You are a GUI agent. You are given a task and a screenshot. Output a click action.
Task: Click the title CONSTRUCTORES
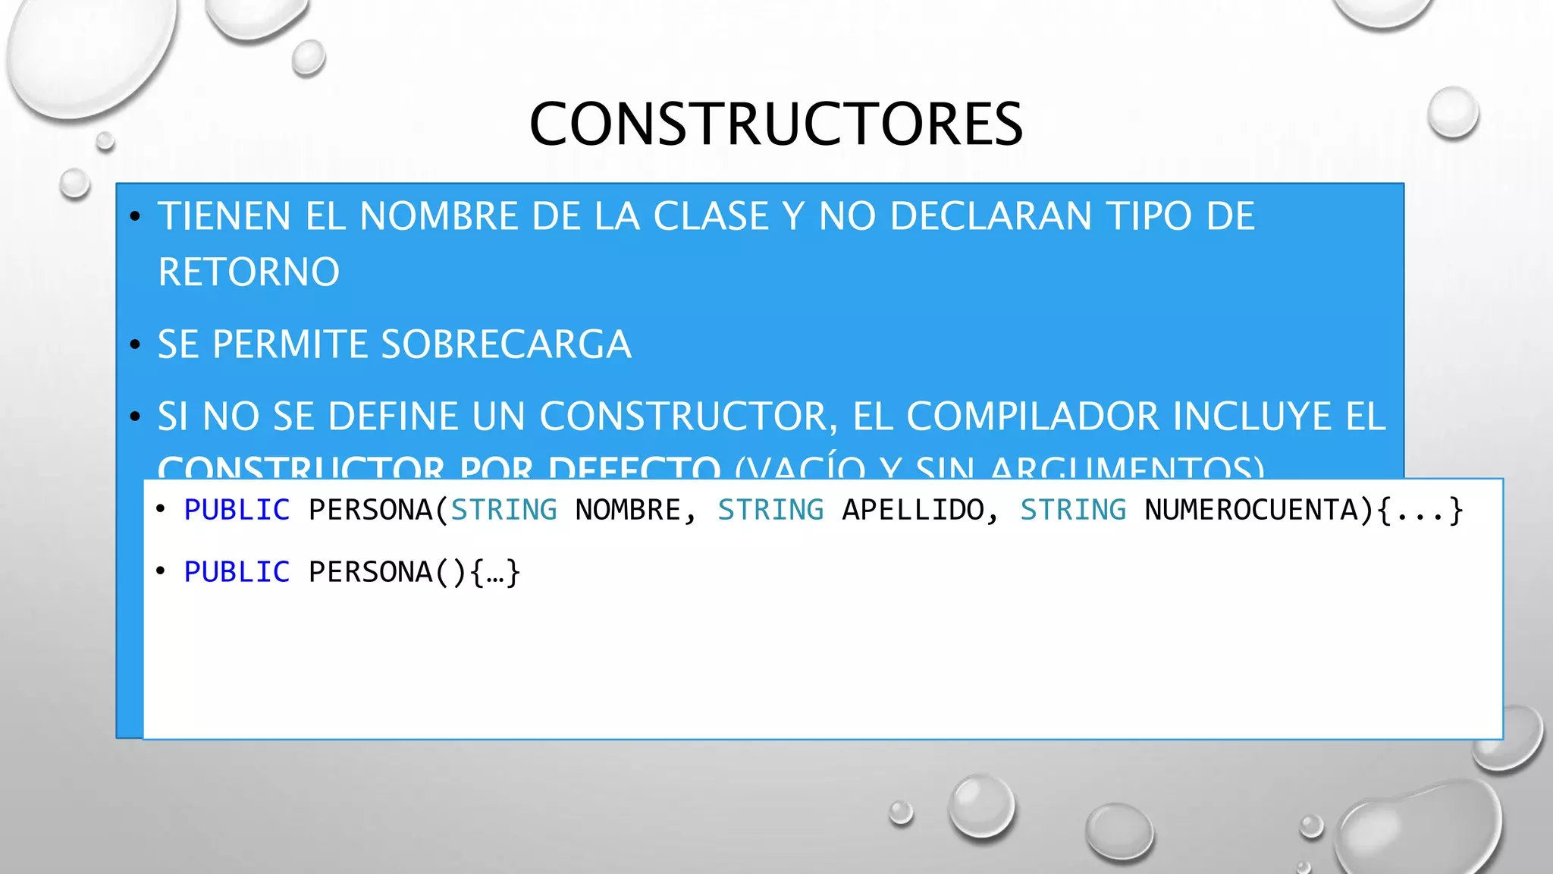point(776,124)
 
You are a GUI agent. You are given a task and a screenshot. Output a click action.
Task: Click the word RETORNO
point(249,272)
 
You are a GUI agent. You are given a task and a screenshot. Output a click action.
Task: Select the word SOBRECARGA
point(506,344)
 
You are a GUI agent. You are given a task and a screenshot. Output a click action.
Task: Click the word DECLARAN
point(991,216)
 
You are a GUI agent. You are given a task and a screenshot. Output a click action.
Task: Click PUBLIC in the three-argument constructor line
point(237,510)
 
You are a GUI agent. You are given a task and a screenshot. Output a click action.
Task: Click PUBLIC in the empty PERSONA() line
point(237,572)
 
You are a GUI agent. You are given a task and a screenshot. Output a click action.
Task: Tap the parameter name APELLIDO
point(913,510)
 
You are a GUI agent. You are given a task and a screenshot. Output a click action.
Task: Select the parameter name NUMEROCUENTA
point(1251,510)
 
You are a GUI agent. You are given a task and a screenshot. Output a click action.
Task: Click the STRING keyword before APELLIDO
point(770,510)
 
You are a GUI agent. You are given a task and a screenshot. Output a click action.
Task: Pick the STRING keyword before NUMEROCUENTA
point(1073,510)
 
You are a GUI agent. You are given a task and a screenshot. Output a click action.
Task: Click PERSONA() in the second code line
point(387,572)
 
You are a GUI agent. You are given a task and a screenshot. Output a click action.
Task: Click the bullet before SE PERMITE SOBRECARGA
point(136,345)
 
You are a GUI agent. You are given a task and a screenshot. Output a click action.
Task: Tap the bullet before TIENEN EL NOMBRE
point(136,217)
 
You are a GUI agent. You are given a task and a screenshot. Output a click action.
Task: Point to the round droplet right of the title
point(1452,112)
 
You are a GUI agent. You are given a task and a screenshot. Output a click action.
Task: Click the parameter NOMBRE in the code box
point(628,510)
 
